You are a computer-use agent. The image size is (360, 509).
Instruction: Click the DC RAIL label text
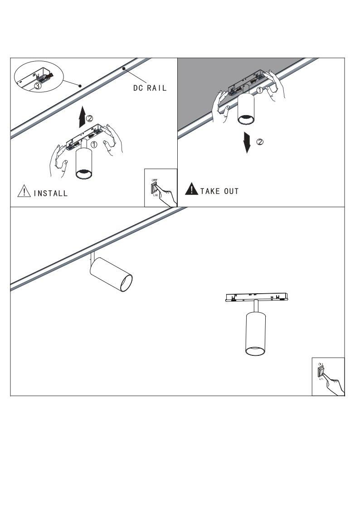point(150,88)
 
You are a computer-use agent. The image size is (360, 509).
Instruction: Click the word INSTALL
point(50,194)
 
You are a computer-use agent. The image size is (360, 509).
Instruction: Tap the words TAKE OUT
point(219,191)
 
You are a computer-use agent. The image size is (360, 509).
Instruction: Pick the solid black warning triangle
point(191,189)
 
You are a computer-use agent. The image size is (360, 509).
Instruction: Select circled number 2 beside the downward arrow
point(260,142)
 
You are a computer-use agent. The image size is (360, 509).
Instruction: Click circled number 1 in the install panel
point(94,145)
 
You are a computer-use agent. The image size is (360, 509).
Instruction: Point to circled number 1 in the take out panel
point(259,90)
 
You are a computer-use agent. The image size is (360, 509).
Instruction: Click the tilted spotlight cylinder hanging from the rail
point(112,274)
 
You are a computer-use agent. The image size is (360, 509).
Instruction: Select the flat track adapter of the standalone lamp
point(257,297)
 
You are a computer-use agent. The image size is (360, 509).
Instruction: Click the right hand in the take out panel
point(276,86)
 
